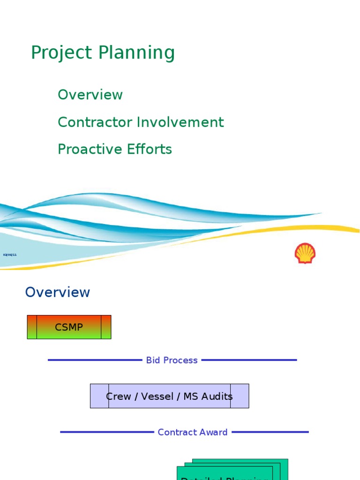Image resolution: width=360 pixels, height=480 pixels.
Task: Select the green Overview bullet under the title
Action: (90, 95)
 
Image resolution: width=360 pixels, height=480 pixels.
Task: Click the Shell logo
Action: (305, 253)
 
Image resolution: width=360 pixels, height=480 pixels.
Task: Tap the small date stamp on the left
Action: (10, 255)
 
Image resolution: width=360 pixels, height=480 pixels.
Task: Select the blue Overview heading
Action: (57, 292)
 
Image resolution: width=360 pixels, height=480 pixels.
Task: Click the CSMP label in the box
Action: (69, 327)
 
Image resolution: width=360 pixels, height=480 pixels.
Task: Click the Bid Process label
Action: (172, 360)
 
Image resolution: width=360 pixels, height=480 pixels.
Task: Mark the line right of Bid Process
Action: (249, 360)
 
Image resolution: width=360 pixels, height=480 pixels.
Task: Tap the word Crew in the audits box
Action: (119, 397)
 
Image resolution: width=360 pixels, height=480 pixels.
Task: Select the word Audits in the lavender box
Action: (217, 397)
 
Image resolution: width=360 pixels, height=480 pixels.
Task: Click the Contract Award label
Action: (193, 432)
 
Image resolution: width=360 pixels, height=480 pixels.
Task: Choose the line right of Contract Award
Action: (270, 432)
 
